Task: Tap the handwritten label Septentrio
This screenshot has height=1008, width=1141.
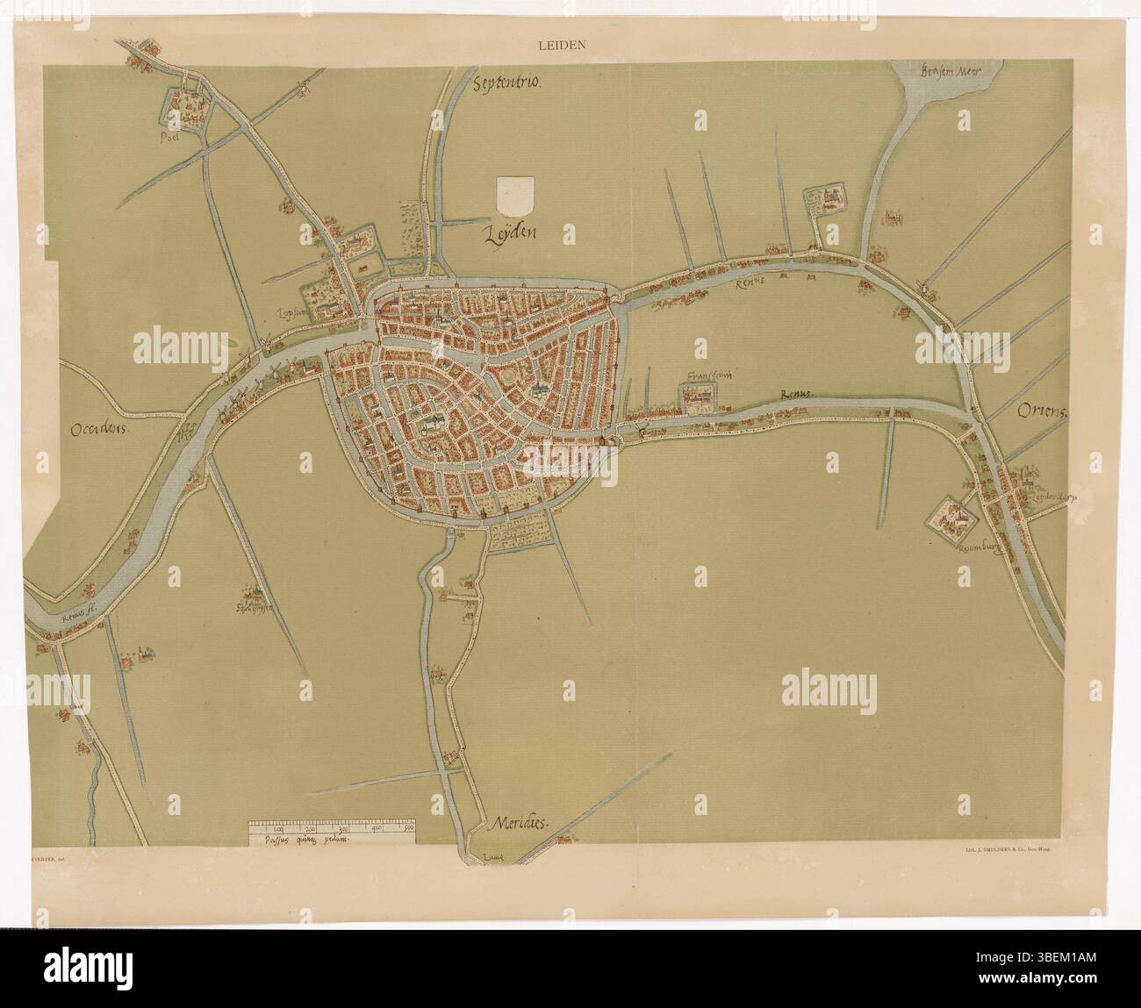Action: [x=509, y=84]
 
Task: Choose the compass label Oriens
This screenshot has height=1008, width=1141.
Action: [x=1042, y=413]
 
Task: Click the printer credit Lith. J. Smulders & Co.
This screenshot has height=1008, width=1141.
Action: [x=1008, y=851]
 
